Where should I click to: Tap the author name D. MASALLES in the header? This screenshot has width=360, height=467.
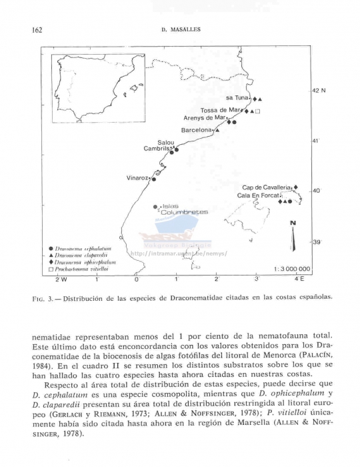[x=181, y=30]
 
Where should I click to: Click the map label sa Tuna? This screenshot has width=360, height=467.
[x=237, y=97]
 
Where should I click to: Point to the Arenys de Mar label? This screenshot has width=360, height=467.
[x=205, y=118]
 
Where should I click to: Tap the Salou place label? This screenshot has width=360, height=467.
[x=166, y=142]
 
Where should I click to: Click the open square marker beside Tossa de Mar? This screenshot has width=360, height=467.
[x=259, y=111]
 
